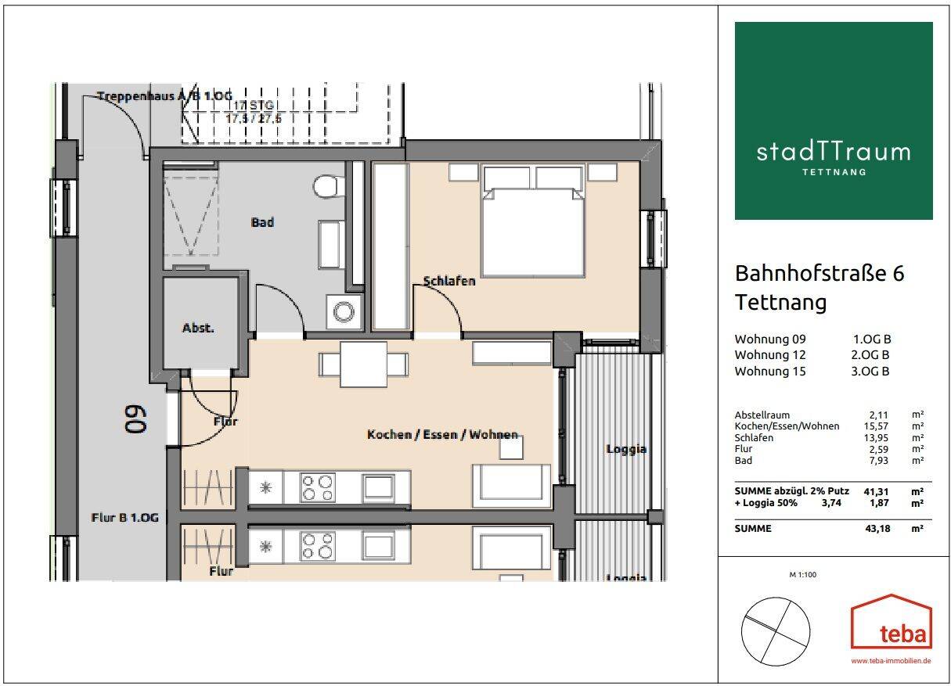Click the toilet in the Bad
[329, 186]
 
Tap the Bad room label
[262, 222]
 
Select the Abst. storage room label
[198, 328]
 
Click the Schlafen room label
[449, 281]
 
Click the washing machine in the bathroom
[344, 312]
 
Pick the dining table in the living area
[363, 365]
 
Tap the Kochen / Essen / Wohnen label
[442, 434]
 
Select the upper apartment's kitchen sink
[378, 487]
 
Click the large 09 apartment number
[135, 419]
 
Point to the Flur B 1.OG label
[125, 518]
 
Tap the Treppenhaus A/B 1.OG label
[165, 96]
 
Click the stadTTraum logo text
[834, 153]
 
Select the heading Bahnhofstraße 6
[820, 274]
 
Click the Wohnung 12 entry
[770, 354]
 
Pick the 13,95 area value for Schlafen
[876, 438]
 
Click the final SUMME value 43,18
[877, 529]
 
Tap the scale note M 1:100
[803, 575]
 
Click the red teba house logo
[892, 623]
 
